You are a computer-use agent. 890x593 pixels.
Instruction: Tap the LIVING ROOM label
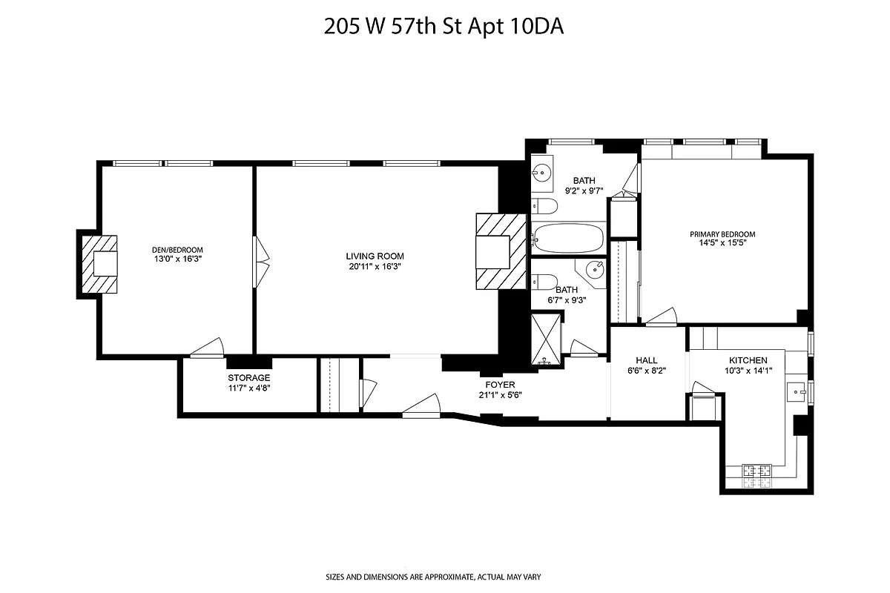pyautogui.click(x=375, y=256)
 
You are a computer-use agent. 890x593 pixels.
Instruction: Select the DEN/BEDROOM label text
pyautogui.click(x=177, y=250)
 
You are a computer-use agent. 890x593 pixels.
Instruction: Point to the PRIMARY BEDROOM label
pyautogui.click(x=722, y=234)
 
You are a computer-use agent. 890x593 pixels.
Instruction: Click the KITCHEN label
pyautogui.click(x=747, y=360)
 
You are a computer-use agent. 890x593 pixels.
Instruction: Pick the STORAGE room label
pyautogui.click(x=249, y=378)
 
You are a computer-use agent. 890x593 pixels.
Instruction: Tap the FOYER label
pyautogui.click(x=500, y=385)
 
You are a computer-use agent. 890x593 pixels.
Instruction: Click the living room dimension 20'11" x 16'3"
pyautogui.click(x=375, y=266)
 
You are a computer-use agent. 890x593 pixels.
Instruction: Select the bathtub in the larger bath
pyautogui.click(x=568, y=239)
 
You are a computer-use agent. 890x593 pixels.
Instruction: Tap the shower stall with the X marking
pyautogui.click(x=547, y=339)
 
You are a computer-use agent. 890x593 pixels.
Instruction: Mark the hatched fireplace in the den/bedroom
pyautogui.click(x=100, y=263)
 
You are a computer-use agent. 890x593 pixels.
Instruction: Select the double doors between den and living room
pyautogui.click(x=260, y=261)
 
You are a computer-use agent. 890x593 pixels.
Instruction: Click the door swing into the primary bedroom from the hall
pyautogui.click(x=661, y=317)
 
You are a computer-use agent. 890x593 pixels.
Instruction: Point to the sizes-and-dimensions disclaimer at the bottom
pyautogui.click(x=444, y=576)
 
